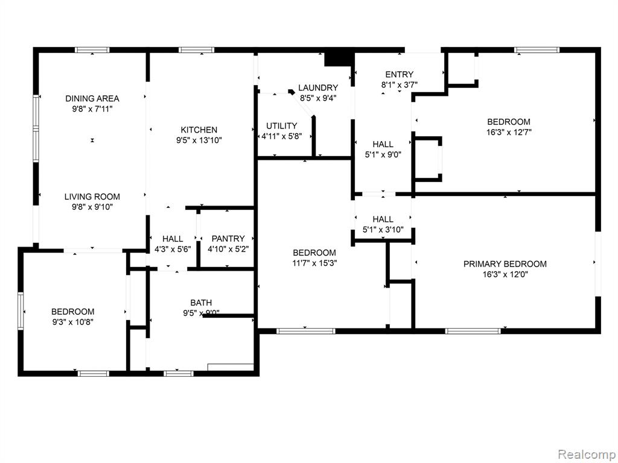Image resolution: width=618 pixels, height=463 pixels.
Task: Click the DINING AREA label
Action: click(92, 98)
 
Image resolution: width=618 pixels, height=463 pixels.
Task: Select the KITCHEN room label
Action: click(199, 130)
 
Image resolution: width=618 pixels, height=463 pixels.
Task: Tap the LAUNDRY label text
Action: click(318, 88)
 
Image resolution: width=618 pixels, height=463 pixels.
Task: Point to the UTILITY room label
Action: click(281, 126)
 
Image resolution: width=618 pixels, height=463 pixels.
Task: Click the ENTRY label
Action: click(400, 74)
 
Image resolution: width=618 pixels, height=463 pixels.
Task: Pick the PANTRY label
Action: click(228, 239)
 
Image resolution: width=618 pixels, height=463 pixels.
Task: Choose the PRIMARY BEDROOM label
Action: click(505, 264)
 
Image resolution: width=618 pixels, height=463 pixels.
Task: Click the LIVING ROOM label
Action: click(92, 197)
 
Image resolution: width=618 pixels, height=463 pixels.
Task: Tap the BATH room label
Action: click(201, 303)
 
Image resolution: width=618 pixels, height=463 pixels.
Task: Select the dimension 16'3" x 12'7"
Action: click(509, 132)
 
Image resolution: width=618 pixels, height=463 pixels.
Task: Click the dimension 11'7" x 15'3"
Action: click(314, 263)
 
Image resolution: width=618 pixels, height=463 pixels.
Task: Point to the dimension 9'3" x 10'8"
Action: click(73, 322)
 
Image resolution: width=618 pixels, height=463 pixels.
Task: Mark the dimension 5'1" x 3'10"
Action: click(383, 230)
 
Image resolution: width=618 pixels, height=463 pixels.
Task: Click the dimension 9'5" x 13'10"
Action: click(199, 140)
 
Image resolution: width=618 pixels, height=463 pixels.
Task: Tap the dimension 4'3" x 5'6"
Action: click(173, 249)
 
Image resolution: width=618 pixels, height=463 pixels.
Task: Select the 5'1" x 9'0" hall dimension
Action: click(383, 155)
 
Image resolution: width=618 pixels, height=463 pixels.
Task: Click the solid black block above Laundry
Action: click(338, 59)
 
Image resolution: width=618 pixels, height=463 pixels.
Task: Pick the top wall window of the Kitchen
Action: click(196, 50)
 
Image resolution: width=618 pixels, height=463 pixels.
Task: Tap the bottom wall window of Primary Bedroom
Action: click(473, 331)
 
